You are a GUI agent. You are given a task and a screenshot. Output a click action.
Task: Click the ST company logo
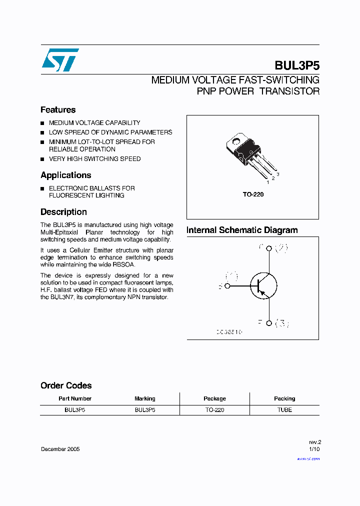click(60, 60)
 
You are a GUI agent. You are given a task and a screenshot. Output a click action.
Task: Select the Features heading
click(58, 110)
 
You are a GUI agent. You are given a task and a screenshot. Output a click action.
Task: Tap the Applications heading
click(65, 175)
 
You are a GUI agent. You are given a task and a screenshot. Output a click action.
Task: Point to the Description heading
click(63, 212)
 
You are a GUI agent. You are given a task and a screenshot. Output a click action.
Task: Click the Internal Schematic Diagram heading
click(242, 230)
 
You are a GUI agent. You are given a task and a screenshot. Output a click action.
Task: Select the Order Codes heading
click(66, 385)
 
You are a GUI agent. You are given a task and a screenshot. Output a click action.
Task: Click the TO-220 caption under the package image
click(253, 194)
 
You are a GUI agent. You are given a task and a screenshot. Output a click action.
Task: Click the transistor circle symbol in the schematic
click(263, 286)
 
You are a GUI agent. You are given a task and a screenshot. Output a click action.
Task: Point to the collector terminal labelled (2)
click(269, 248)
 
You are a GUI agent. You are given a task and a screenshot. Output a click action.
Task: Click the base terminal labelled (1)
click(227, 286)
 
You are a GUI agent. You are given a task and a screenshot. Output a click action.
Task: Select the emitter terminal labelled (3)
click(269, 323)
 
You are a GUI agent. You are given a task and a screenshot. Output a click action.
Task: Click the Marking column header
click(145, 398)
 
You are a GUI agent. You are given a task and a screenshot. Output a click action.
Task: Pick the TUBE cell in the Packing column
click(284, 409)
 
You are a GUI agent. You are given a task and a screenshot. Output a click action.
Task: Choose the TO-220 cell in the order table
click(214, 409)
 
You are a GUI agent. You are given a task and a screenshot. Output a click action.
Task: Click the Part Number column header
click(75, 398)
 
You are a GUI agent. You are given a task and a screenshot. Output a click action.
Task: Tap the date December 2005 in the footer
click(60, 449)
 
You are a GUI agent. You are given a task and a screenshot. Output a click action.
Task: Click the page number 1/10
click(314, 449)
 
